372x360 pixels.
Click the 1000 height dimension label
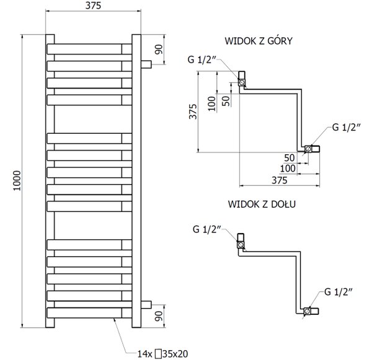(x=17, y=180)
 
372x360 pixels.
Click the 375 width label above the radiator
(x=93, y=6)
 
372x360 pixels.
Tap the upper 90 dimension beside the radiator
(x=159, y=50)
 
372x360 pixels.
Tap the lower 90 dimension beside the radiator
(x=159, y=316)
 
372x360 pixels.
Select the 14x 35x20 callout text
(x=162, y=354)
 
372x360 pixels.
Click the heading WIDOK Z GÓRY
(x=259, y=41)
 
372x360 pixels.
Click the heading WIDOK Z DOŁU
(x=262, y=204)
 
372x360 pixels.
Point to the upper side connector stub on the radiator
(x=146, y=64)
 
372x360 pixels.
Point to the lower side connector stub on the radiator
(x=146, y=305)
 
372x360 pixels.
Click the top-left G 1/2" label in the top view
(x=201, y=59)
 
